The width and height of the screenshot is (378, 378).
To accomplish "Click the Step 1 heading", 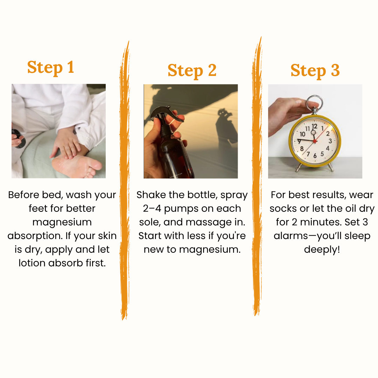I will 51,67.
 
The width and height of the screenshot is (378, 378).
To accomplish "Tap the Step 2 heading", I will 192,70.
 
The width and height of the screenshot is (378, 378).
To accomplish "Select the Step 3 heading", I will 315,70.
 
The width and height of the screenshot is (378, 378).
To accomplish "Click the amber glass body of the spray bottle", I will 175,154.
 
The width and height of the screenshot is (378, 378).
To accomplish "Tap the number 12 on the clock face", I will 315,126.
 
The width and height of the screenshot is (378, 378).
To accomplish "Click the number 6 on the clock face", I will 315,155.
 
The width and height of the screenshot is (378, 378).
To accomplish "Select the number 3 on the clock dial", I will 330,141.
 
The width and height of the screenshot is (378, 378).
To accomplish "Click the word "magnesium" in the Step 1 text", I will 62,222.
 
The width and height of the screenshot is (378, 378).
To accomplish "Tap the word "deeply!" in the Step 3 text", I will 322,250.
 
